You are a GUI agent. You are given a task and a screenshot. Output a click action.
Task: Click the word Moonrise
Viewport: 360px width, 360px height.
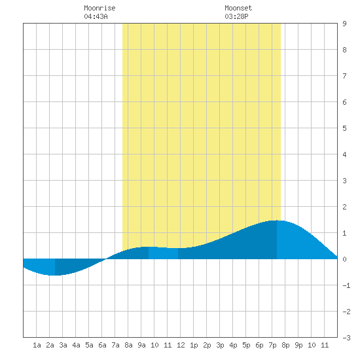[x=99, y=8]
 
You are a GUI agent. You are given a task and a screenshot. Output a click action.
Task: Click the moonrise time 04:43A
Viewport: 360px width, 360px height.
[x=96, y=16]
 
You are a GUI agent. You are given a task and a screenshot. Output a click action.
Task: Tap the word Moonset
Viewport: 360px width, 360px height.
[x=238, y=8]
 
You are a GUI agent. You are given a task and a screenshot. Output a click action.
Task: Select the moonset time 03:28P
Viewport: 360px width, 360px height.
[x=236, y=16]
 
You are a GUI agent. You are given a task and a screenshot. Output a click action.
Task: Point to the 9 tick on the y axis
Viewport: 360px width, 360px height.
[x=344, y=24]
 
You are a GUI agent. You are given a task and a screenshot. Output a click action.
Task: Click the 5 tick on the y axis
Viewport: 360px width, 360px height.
[x=344, y=128]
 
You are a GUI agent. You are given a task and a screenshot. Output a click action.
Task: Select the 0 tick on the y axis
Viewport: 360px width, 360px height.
[x=344, y=259]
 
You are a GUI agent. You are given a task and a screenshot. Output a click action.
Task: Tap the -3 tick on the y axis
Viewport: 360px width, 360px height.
[x=346, y=338]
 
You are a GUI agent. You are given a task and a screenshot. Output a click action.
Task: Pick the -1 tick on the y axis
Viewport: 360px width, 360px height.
[x=346, y=285]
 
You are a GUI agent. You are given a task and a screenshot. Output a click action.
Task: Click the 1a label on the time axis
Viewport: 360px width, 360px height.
[x=37, y=345]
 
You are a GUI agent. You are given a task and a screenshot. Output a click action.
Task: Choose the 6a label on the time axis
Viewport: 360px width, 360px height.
[x=102, y=345]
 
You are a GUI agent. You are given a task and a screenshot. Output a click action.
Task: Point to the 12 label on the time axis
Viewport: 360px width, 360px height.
[x=181, y=345]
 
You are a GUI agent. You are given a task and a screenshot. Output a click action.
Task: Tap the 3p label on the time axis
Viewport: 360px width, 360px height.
[x=220, y=345]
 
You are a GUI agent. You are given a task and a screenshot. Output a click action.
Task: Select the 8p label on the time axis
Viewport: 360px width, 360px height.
[x=285, y=345]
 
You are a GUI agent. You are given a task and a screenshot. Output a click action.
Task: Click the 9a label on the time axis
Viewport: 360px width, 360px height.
[x=141, y=345]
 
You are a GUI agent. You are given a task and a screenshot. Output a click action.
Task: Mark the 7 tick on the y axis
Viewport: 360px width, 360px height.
[x=344, y=76]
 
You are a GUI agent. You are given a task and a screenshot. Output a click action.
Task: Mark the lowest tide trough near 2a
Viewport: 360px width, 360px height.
[x=55, y=275]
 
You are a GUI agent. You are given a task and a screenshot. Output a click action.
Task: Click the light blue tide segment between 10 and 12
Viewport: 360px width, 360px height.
[x=163, y=253]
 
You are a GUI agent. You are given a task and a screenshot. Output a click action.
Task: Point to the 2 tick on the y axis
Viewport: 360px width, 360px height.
[x=344, y=207]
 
